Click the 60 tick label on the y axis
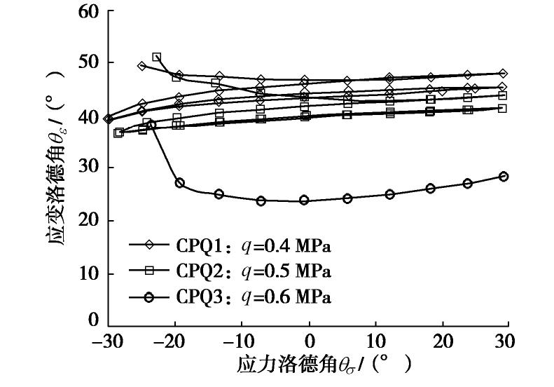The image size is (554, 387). [88, 12]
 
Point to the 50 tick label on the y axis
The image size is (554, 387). [88, 63]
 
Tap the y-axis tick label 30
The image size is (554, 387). [88, 168]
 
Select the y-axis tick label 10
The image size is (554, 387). [88, 273]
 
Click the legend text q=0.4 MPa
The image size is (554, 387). [279, 246]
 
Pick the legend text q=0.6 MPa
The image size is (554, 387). [279, 297]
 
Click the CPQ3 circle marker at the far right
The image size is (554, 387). [503, 177]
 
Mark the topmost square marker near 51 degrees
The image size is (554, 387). [156, 57]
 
